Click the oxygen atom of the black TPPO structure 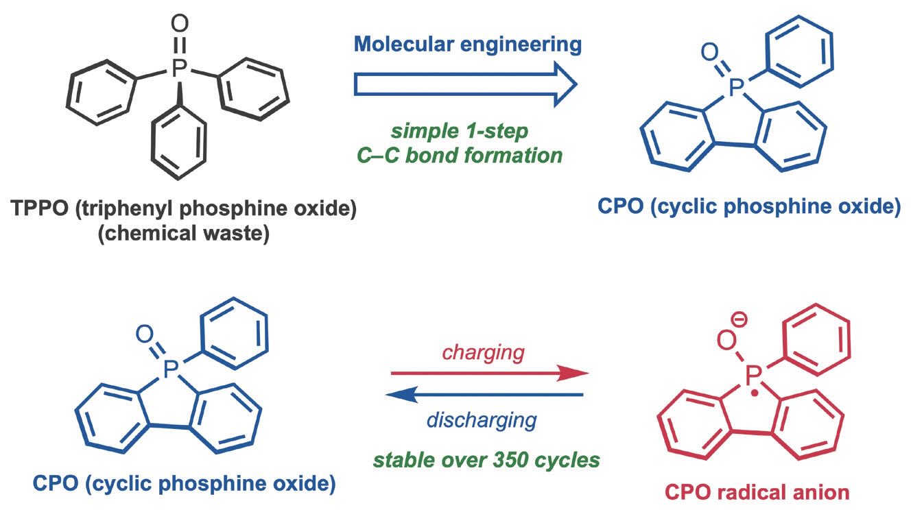tap(178, 25)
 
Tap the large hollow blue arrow tap(464, 85)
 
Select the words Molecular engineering tap(468, 45)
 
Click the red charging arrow tap(489, 374)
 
